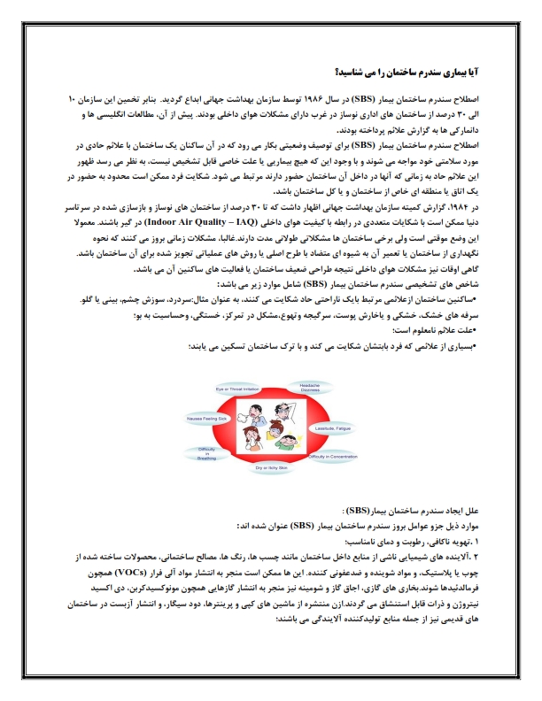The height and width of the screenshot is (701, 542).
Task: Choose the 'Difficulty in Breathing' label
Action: pyautogui.click(x=206, y=452)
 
